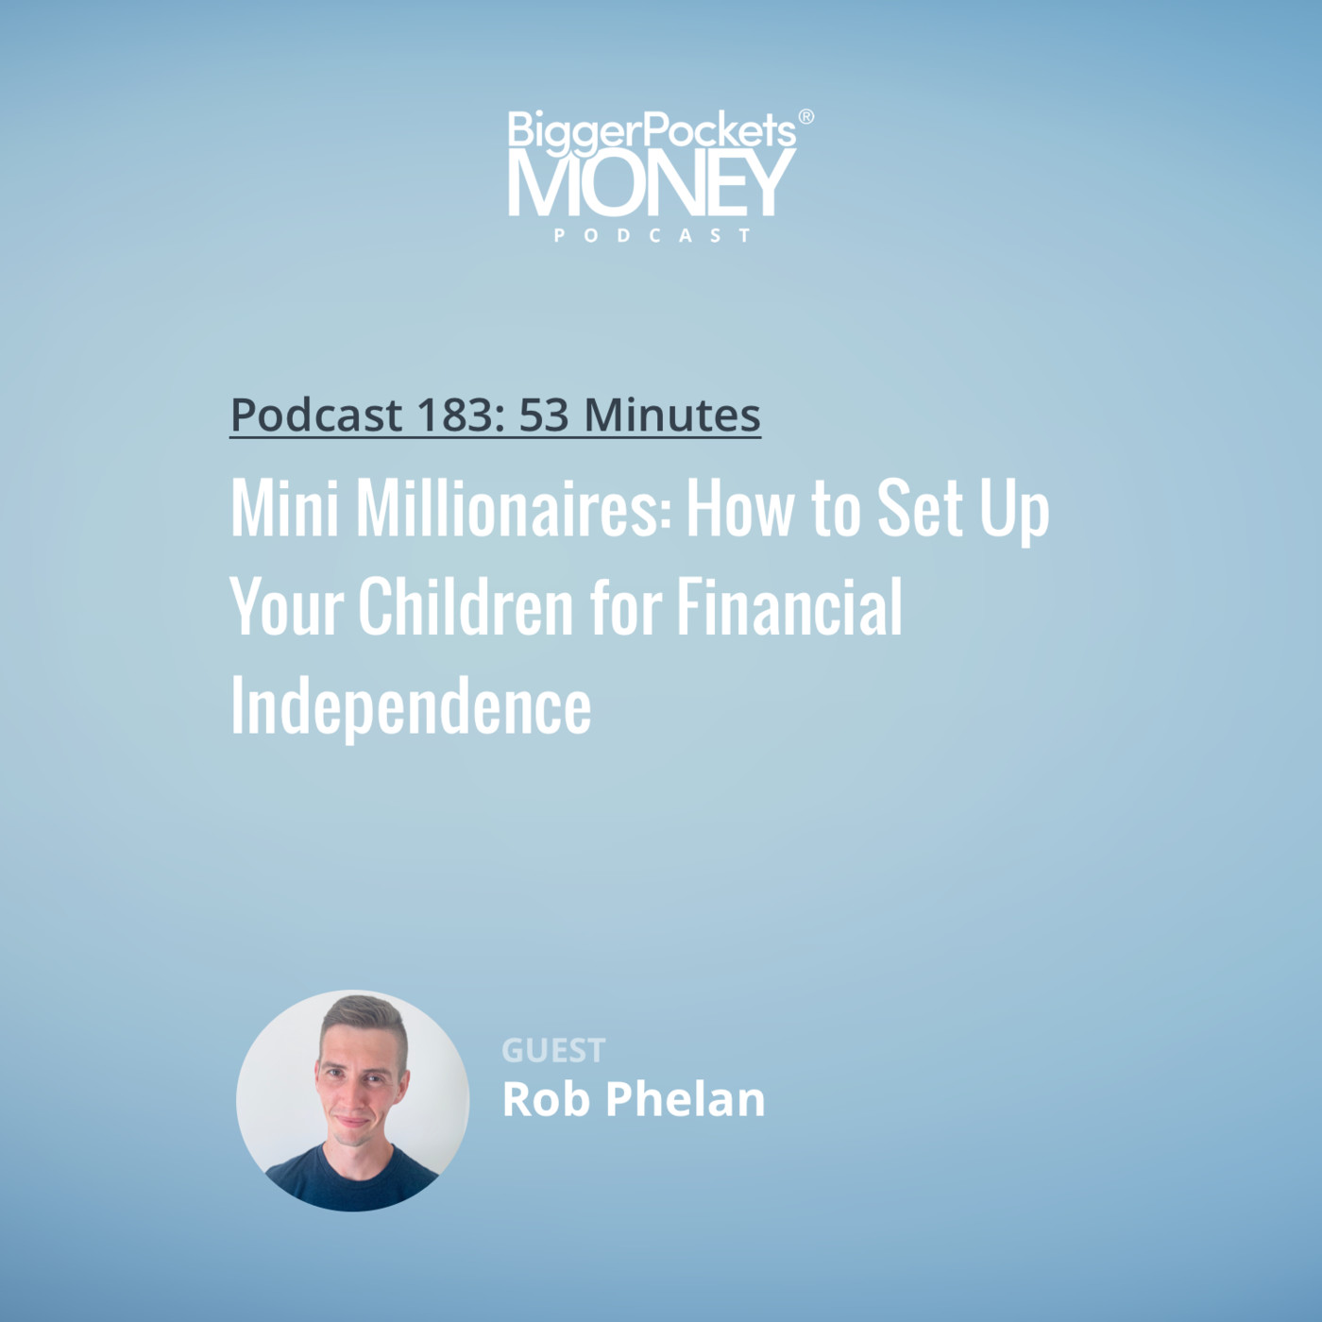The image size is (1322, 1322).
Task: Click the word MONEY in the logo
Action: point(651,183)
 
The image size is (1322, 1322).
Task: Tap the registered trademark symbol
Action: point(806,117)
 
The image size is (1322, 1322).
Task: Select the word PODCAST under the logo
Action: point(652,235)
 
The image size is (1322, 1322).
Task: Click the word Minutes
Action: point(672,415)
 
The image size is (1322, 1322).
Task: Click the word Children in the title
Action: point(466,608)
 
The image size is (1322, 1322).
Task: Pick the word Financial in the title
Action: point(788,608)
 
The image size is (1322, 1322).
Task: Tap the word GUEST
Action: point(553,1050)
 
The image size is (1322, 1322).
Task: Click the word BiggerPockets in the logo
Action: point(651,130)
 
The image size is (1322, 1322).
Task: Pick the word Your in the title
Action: point(286,608)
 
